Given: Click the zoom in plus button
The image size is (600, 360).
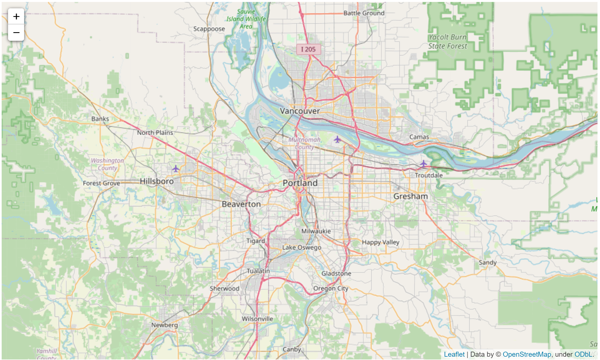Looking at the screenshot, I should coord(16,16).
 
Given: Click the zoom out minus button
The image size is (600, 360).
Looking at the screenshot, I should coord(16,32).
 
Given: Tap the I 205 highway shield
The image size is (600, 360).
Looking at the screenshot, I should coord(308,49).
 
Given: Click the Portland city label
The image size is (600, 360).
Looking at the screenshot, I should coord(300,183).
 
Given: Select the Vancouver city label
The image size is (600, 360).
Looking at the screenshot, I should coord(300,111).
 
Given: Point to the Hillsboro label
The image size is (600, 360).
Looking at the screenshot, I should coord(156,181).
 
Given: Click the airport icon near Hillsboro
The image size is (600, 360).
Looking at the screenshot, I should coord(176,168).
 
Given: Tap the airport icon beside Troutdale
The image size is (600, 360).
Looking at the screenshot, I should coord(423,163).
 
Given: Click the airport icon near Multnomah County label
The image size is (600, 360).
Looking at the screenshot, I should coord(337,139).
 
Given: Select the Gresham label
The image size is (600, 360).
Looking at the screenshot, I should coord(411,196).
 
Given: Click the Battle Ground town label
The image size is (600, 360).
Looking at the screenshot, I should coord(364,13).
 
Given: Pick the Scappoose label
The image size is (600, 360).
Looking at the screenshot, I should coord(209,29).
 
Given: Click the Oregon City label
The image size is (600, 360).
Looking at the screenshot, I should coord(330,288).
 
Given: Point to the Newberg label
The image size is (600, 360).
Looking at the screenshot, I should coord(164,325).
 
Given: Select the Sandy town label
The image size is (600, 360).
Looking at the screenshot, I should coord(487,262).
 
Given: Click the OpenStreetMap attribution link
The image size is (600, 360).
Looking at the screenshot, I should coord(526,354).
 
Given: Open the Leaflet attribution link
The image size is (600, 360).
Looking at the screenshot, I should coord(454,354).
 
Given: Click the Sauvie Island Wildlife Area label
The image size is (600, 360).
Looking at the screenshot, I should coord(246,19).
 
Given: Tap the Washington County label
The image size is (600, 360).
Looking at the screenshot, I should coord(107,164).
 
